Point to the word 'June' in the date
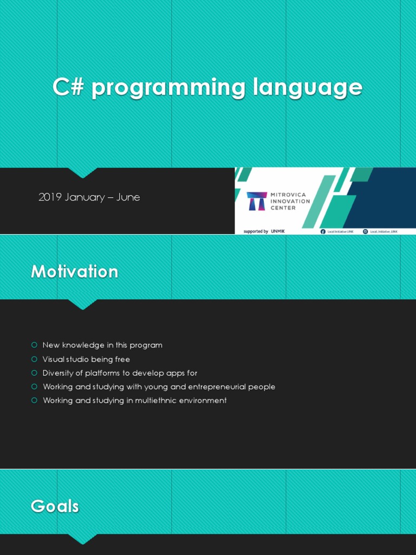pyautogui.click(x=128, y=197)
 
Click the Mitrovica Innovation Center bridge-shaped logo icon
pyautogui.click(x=256, y=201)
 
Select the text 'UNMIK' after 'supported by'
pyautogui.click(x=278, y=231)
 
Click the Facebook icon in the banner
pyautogui.click(x=323, y=231)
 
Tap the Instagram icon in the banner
pyautogui.click(x=366, y=231)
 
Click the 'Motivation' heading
pyautogui.click(x=74, y=271)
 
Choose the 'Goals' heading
pyautogui.click(x=55, y=506)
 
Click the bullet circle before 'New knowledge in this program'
pyautogui.click(x=34, y=345)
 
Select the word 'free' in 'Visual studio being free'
pyautogui.click(x=122, y=359)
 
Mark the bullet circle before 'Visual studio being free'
pyautogui.click(x=34, y=359)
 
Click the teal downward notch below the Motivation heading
pyautogui.click(x=82, y=304)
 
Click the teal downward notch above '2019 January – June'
pyautogui.click(x=82, y=172)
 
